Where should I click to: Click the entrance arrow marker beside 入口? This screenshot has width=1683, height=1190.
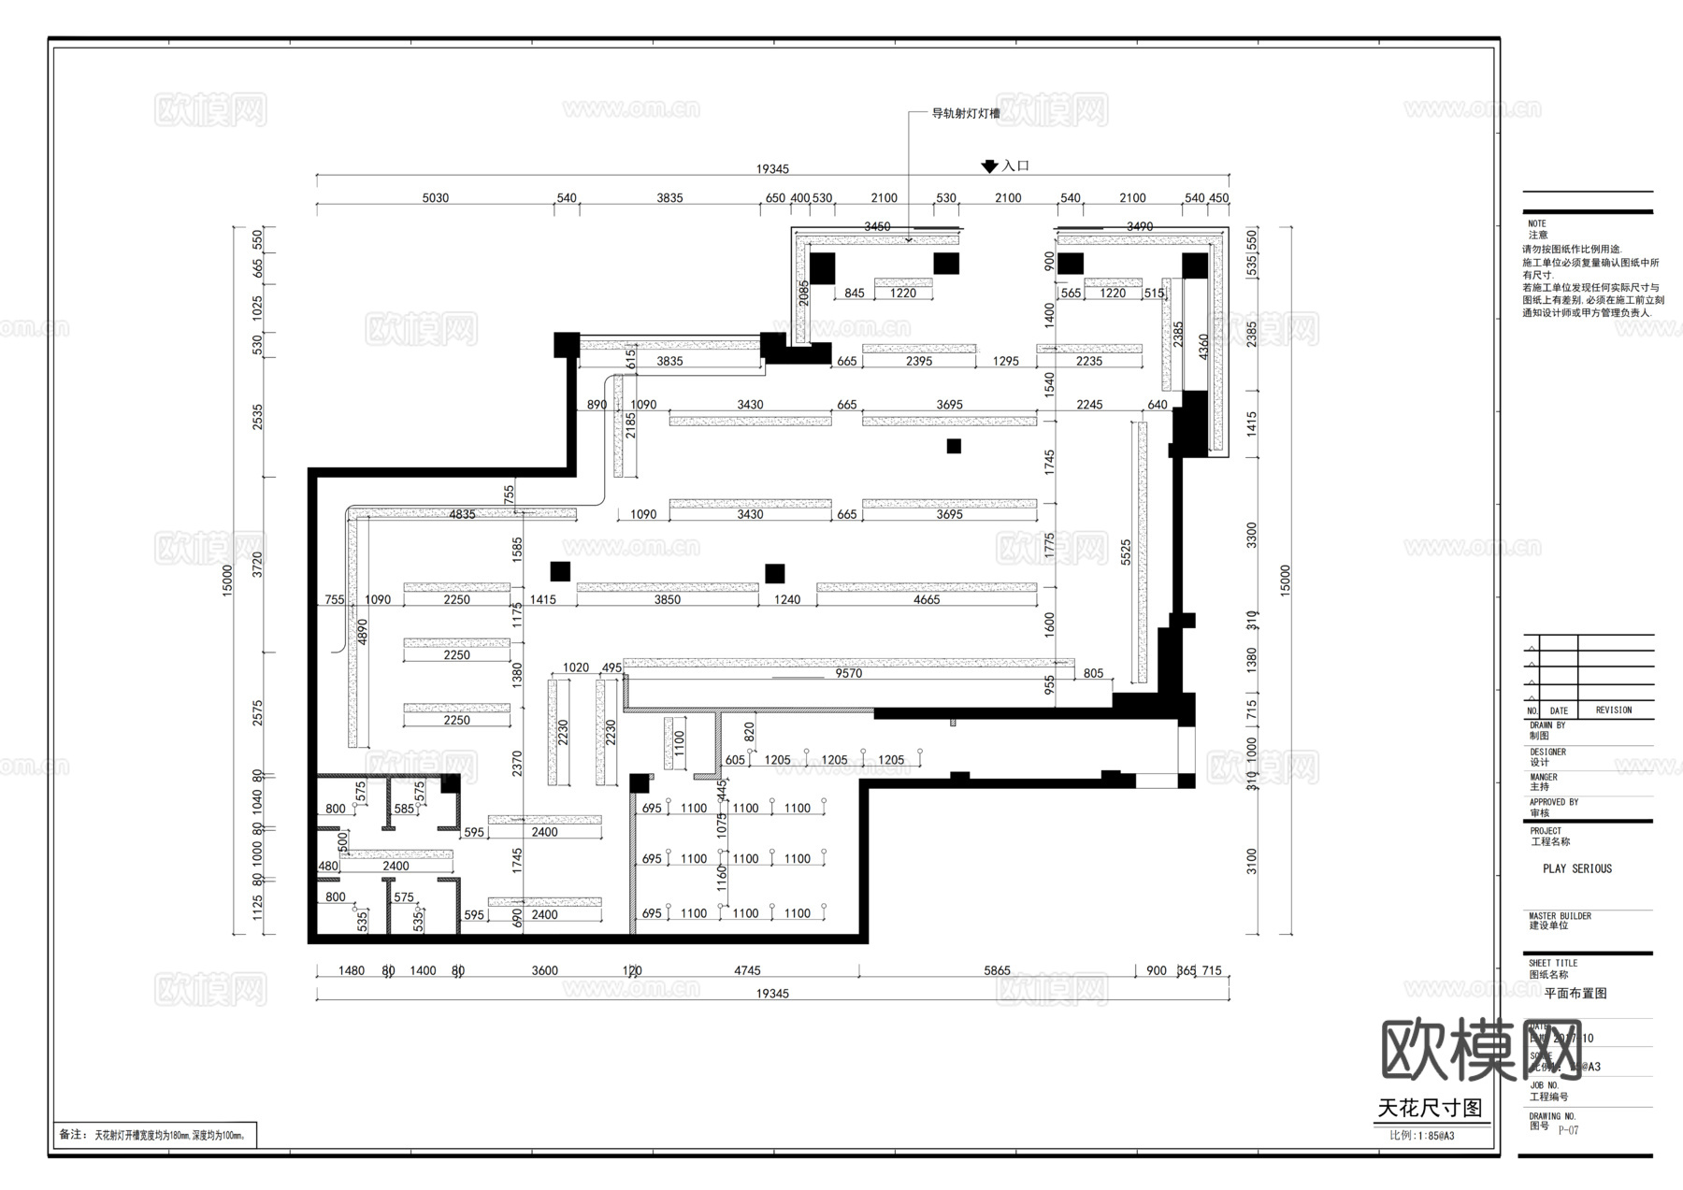coord(989,167)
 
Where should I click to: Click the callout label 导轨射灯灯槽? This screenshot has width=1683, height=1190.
coord(965,114)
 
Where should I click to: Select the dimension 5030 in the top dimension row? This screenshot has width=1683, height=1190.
coord(435,198)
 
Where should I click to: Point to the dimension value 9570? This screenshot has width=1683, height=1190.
coord(848,673)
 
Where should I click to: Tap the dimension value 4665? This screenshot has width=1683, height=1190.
coord(927,600)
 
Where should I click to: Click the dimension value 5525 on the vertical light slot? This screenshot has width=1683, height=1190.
coord(1126,552)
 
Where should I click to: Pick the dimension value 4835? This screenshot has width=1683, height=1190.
coord(462,514)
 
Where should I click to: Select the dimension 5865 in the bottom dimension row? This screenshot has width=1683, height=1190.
coord(997,970)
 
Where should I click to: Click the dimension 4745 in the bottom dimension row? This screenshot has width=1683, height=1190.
coord(747,970)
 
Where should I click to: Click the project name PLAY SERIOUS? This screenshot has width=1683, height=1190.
coord(1577,868)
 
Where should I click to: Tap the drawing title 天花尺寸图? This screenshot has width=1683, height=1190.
coord(1430,1109)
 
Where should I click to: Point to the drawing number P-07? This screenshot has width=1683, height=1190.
coord(1568,1130)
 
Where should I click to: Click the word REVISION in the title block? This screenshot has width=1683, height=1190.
coord(1613,710)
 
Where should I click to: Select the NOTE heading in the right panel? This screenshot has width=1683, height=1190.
coord(1537,223)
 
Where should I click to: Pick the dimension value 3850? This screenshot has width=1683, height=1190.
coord(668,600)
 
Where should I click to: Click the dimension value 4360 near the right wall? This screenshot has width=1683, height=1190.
coord(1203,347)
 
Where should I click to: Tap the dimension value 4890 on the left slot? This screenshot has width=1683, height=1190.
coord(362,631)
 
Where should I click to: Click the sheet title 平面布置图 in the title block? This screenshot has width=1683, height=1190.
coord(1575,994)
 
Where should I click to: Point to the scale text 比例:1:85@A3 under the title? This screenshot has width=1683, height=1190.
coord(1421,1136)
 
